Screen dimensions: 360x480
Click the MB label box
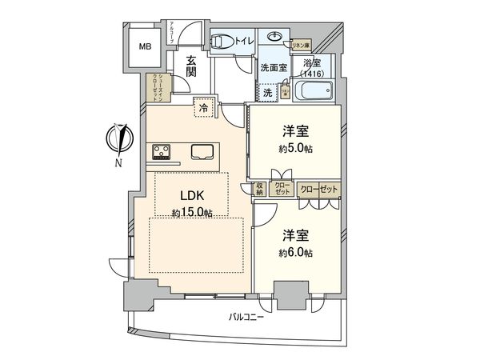click(x=146, y=47)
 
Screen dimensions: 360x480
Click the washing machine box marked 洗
click(x=269, y=91)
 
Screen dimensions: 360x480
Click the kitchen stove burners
click(x=160, y=151)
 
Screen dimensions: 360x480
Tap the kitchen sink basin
click(x=201, y=151)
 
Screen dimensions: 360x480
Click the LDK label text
click(x=191, y=196)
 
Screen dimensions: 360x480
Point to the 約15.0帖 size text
click(x=191, y=213)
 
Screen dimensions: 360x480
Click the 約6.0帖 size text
click(x=295, y=253)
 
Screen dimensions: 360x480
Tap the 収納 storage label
click(x=259, y=190)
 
